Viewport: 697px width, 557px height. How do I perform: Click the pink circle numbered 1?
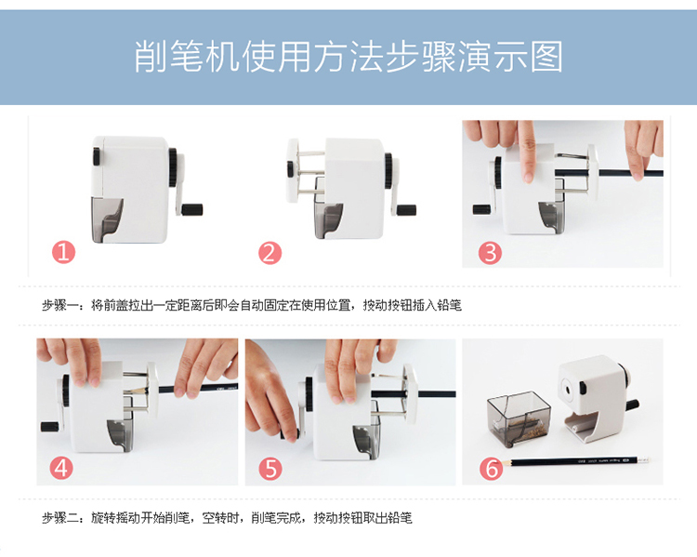click(63, 252)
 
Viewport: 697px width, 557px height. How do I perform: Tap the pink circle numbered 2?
click(270, 253)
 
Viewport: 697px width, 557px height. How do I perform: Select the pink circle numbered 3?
click(490, 253)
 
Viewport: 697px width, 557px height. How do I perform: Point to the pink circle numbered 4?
click(61, 468)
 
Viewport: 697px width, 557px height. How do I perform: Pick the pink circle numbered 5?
click(270, 469)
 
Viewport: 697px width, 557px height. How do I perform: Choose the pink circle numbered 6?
click(492, 469)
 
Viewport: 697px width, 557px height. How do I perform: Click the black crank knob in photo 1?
click(192, 209)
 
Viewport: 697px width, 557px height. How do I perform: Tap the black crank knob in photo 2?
click(406, 210)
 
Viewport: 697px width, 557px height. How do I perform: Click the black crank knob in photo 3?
click(481, 209)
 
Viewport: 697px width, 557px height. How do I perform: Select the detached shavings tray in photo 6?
click(519, 419)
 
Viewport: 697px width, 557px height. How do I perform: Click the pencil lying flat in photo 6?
click(579, 461)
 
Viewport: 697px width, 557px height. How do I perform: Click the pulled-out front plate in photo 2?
click(293, 170)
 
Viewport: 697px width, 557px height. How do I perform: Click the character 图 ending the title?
click(546, 57)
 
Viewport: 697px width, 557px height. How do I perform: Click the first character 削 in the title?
click(151, 57)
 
